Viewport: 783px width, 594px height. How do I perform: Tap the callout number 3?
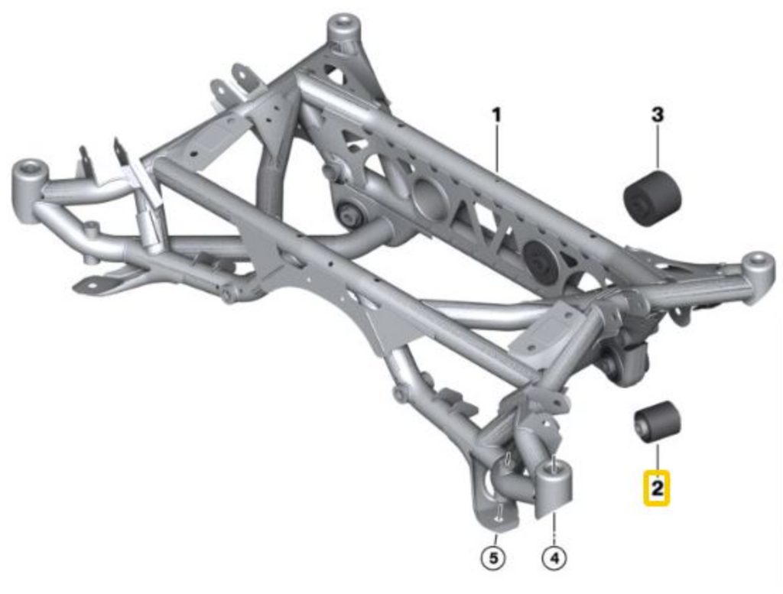tap(657, 116)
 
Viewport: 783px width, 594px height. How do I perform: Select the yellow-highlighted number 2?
tap(656, 488)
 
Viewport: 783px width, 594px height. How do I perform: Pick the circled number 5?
tap(493, 560)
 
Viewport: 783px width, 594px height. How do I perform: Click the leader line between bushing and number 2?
tap(655, 458)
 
